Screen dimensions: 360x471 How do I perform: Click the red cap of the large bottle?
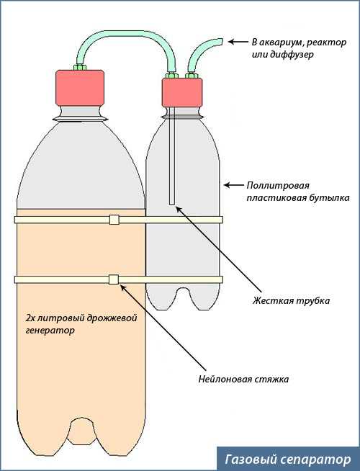(x=80, y=88)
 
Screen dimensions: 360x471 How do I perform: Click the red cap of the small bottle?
(x=182, y=92)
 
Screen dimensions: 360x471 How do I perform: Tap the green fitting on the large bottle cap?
(x=80, y=67)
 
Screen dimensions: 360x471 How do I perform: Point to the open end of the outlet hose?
(x=221, y=42)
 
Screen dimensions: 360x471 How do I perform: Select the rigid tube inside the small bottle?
(x=172, y=156)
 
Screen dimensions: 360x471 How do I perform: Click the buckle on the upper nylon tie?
(x=114, y=220)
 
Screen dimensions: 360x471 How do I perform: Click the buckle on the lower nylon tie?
(x=114, y=279)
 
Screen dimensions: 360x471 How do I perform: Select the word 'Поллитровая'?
(x=278, y=185)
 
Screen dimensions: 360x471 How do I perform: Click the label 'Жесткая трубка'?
(x=291, y=301)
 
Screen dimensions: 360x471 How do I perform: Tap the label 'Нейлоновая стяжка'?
(x=243, y=379)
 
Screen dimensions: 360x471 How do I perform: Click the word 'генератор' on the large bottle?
(x=50, y=331)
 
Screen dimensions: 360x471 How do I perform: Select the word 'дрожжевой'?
(x=112, y=318)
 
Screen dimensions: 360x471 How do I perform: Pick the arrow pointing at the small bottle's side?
(x=234, y=185)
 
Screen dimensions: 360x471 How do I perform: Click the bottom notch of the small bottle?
(x=182, y=298)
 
